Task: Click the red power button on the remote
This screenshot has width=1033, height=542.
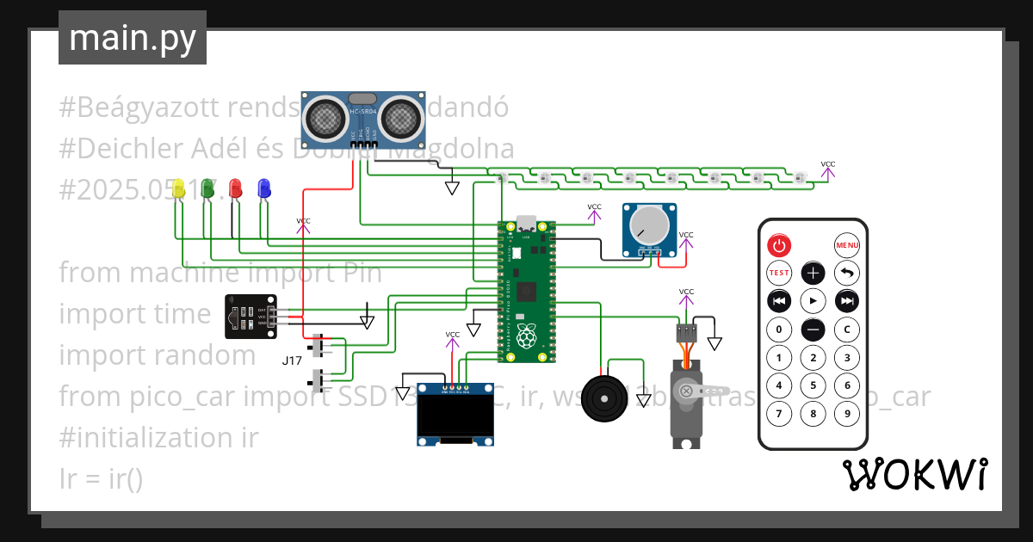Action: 779,245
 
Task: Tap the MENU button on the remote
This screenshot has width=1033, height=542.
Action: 847,245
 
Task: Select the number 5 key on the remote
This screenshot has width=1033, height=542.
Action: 813,386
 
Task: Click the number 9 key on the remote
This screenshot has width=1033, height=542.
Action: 847,414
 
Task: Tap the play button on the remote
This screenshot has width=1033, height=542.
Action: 813,301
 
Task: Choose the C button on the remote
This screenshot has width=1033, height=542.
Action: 847,330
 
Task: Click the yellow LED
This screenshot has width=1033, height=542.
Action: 179,188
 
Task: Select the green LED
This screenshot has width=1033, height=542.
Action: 207,188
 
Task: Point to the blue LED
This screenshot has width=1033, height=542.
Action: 263,188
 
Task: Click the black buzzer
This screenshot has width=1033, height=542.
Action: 606,399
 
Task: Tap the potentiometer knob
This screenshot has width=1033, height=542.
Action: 648,225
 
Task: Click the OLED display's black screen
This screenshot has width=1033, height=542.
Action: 455,417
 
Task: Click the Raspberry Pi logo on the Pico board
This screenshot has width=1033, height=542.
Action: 525,333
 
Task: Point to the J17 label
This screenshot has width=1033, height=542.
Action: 293,360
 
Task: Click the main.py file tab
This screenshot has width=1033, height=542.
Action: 133,38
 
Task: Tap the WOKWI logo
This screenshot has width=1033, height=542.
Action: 914,475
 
